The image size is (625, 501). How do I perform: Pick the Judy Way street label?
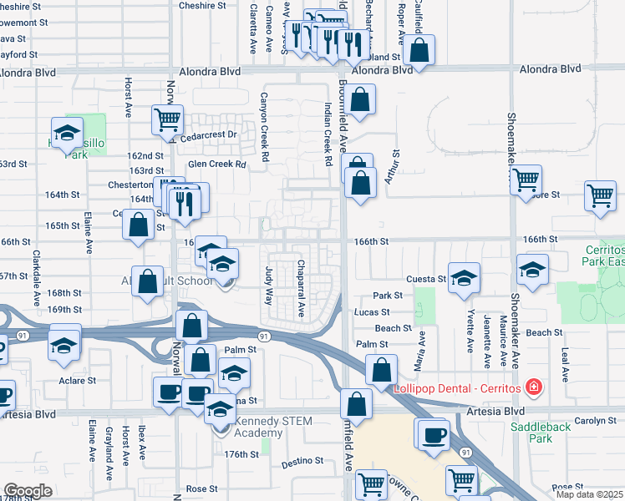269,284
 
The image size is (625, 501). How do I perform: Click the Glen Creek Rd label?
217,164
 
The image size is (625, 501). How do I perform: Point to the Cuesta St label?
426,279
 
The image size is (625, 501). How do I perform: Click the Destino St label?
302,461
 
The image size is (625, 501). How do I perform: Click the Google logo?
28,491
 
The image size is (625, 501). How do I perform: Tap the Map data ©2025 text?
589,494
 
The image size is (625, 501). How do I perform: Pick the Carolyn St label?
595,420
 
